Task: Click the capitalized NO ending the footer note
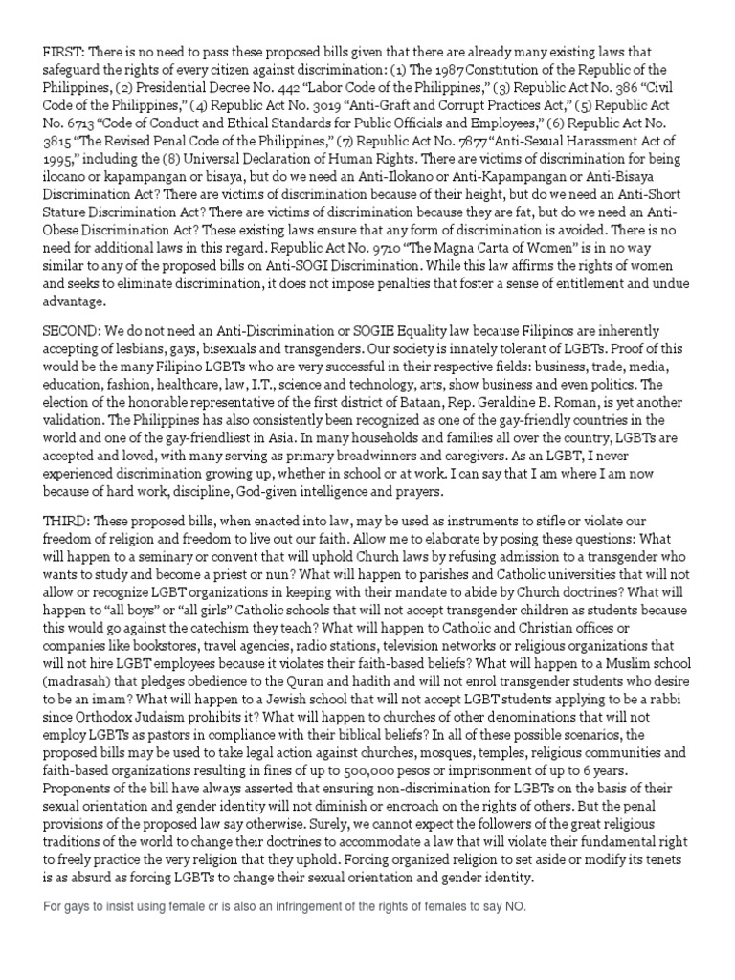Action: point(517,906)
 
